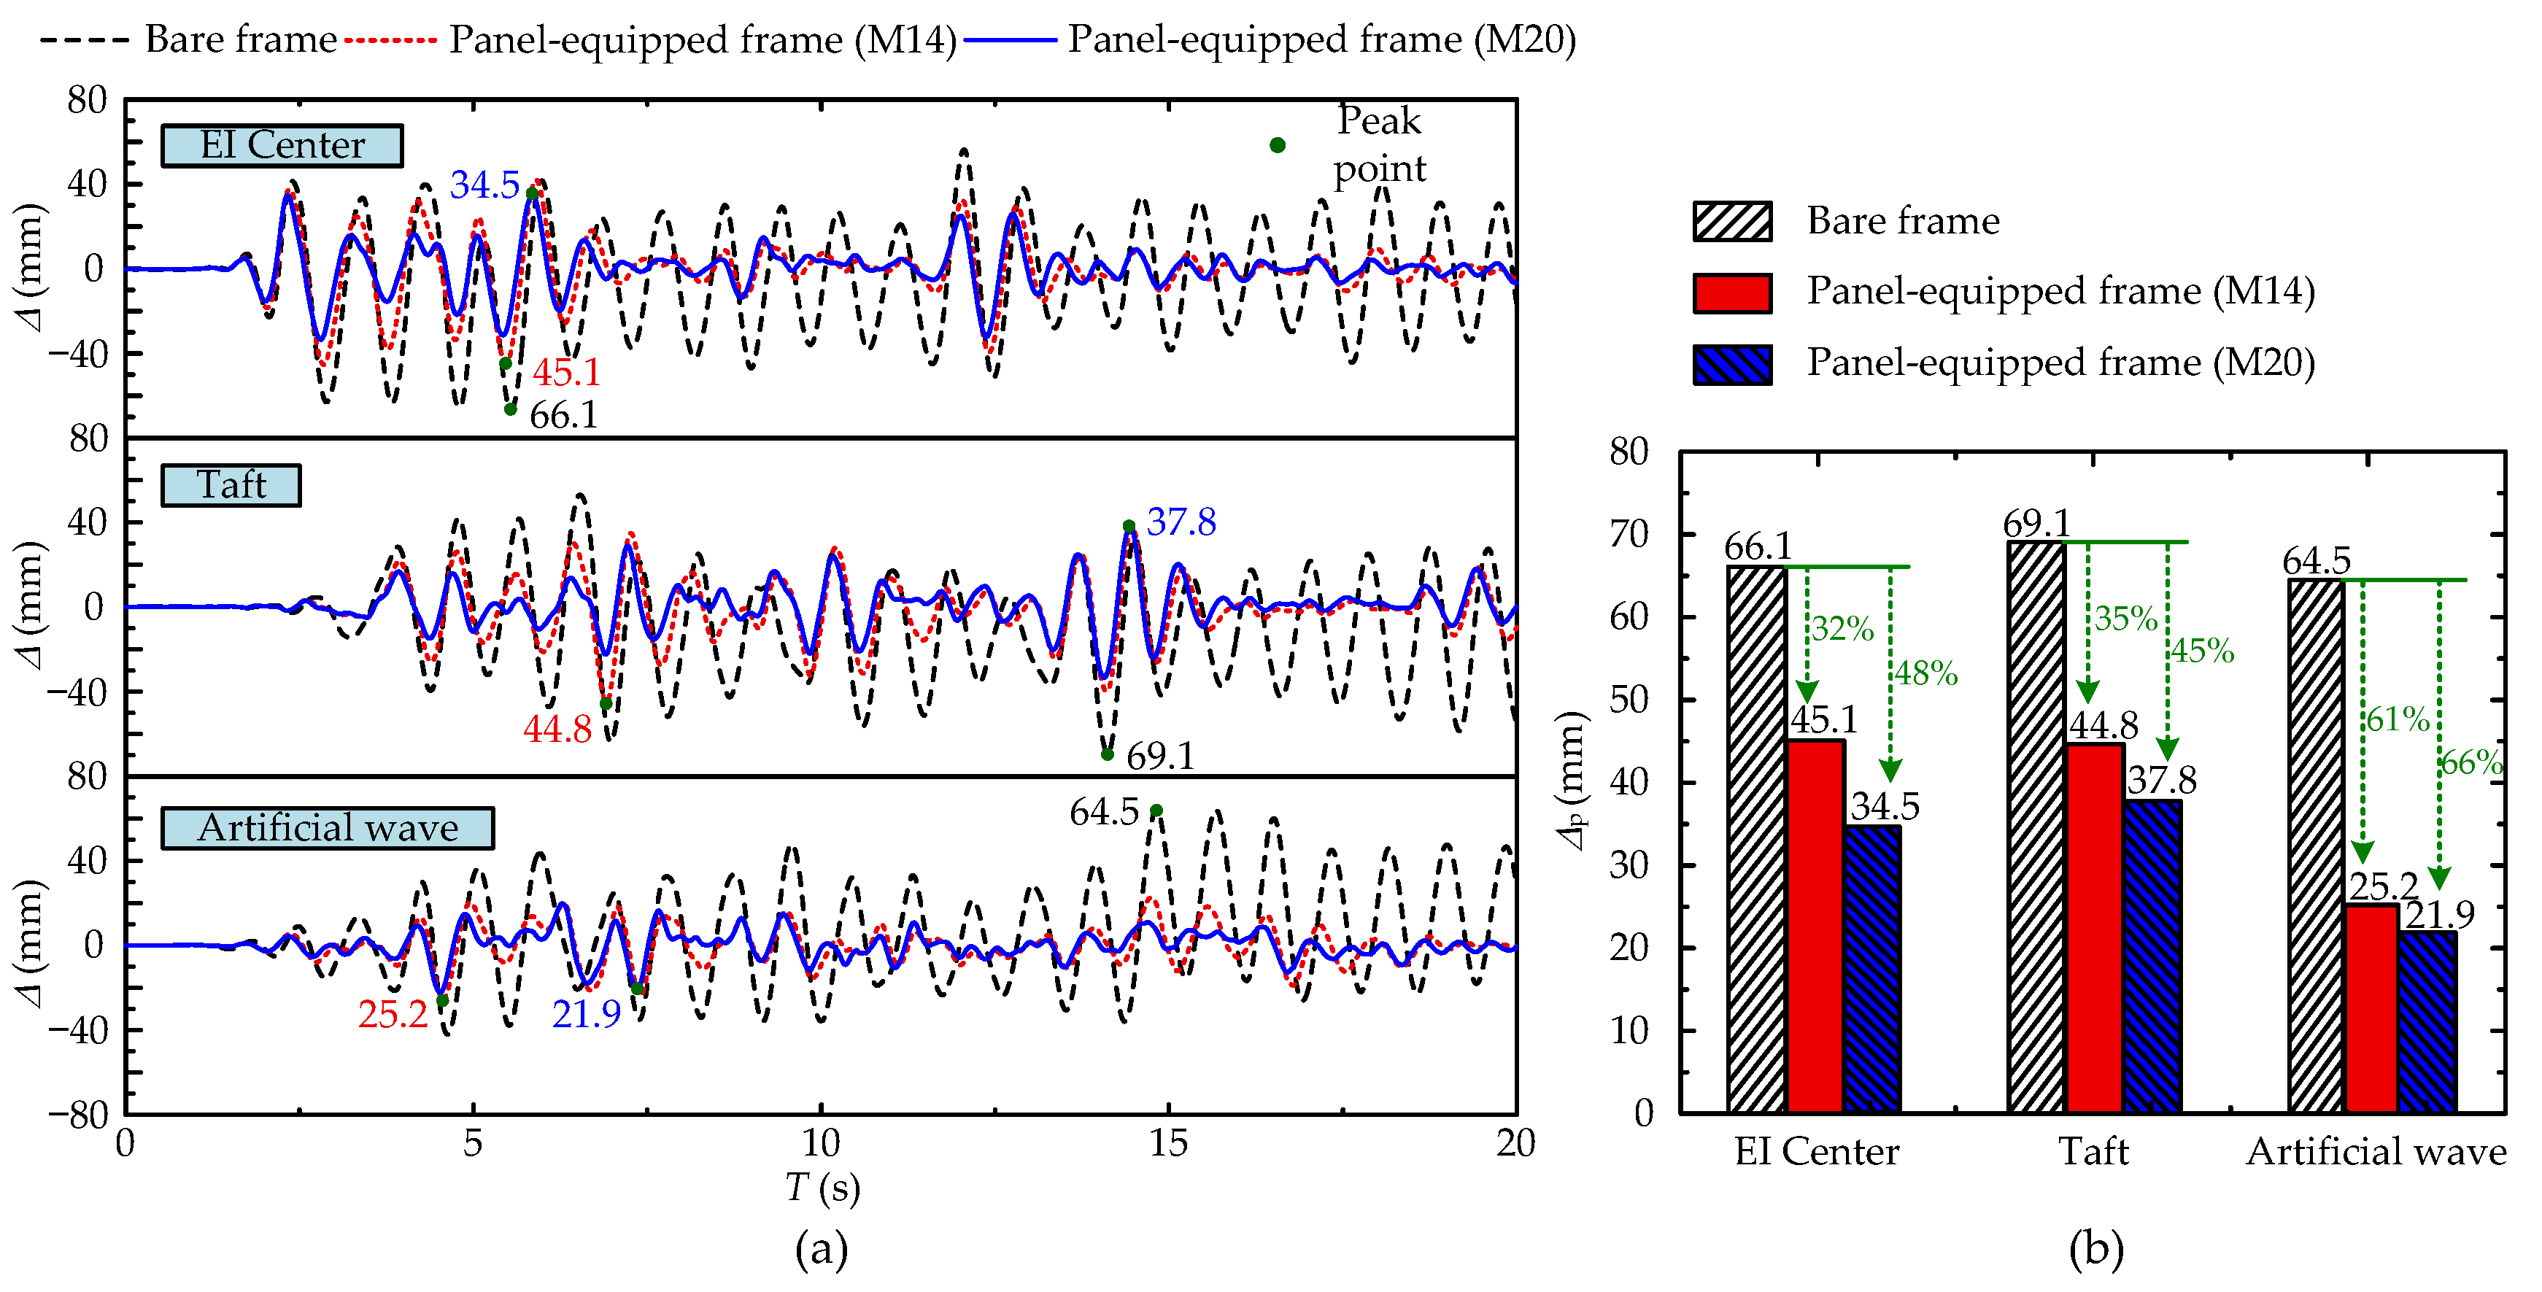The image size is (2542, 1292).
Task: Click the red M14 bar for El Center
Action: (x=1815, y=926)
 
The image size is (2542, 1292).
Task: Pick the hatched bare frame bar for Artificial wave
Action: (x=2316, y=846)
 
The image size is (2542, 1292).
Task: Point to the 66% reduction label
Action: (x=2472, y=762)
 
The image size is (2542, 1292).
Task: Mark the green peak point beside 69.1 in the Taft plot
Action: (x=1107, y=754)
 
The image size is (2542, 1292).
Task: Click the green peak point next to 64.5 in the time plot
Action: (x=1156, y=811)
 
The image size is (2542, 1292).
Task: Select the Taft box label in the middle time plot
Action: (x=231, y=484)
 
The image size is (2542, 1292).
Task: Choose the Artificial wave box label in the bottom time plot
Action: (x=328, y=827)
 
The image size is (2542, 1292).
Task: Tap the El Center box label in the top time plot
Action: (x=282, y=145)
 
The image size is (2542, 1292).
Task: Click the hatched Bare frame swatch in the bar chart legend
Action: (x=1732, y=221)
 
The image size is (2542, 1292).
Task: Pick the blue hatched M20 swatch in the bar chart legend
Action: (x=1732, y=364)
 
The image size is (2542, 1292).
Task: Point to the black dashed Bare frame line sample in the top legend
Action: (x=84, y=40)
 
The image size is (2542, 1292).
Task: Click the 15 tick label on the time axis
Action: (x=1168, y=1143)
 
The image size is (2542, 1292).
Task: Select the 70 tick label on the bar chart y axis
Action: (x=1629, y=534)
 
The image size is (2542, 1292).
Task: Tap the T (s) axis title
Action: (x=822, y=1188)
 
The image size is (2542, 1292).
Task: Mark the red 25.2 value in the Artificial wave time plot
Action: (x=393, y=1013)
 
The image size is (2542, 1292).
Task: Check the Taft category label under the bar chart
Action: (x=2093, y=1152)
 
